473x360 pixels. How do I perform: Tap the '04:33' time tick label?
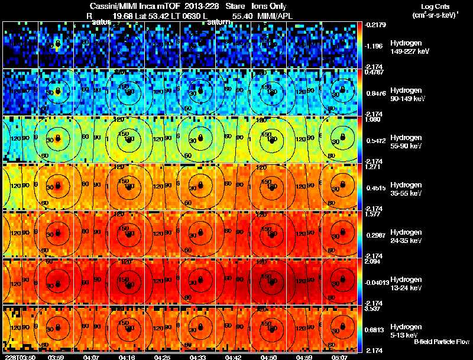(199, 356)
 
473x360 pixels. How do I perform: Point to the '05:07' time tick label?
(340, 356)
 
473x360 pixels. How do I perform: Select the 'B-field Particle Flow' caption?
(442, 342)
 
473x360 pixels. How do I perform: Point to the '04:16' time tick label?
(128, 356)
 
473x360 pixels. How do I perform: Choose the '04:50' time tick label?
(269, 356)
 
